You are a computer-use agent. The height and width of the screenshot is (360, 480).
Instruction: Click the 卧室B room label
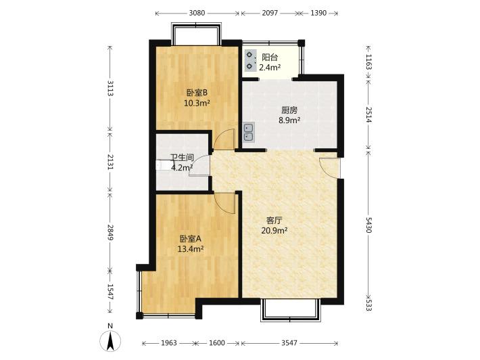197,92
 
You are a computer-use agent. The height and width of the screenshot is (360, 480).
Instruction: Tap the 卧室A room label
190,238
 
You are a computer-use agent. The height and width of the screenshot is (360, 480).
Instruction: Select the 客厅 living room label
274,221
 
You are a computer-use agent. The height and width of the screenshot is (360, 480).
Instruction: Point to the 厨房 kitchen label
289,110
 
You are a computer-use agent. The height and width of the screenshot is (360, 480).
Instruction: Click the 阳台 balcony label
270,58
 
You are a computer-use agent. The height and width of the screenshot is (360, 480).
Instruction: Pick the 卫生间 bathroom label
182,158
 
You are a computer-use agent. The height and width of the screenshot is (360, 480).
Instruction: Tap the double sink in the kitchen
249,132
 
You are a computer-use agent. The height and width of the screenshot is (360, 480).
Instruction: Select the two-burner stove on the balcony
250,60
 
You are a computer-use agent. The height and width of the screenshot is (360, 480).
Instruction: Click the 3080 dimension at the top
197,13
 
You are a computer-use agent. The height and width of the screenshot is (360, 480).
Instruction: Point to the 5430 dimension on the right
369,225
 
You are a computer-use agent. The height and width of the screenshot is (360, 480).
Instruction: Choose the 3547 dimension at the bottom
289,343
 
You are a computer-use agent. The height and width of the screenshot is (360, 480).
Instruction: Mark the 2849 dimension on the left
110,233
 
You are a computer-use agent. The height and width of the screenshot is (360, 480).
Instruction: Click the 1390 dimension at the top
318,13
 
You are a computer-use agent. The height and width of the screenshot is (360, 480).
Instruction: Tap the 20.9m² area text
274,230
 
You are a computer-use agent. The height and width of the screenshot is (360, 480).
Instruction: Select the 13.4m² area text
191,249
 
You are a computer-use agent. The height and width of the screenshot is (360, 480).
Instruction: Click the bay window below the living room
290,310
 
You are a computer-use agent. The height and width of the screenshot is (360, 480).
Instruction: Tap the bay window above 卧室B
196,33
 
